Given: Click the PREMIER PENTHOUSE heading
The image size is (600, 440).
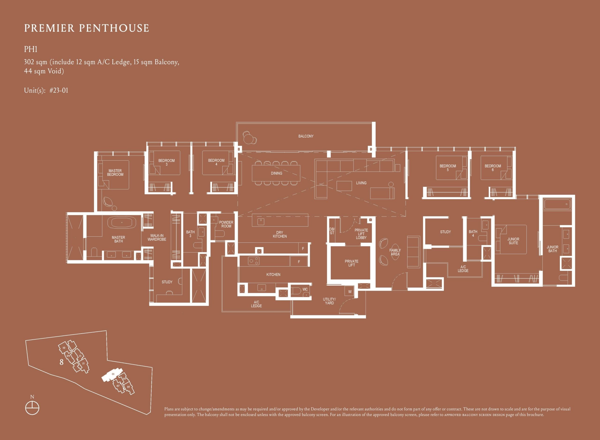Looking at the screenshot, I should click(x=86, y=28).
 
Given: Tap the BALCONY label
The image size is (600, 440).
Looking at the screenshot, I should click(x=306, y=136).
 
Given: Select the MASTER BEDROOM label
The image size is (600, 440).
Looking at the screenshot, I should click(x=115, y=173).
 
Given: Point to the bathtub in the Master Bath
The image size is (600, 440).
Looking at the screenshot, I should click(x=122, y=222).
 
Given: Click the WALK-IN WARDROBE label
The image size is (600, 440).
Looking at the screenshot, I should click(x=157, y=237).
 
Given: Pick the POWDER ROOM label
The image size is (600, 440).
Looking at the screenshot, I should click(x=226, y=224).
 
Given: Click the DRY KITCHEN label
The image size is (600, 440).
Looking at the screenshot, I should click(x=280, y=234).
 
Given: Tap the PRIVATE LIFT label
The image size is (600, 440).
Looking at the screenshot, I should click(x=351, y=263).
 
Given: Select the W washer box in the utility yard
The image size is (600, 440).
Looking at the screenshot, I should click(x=350, y=292).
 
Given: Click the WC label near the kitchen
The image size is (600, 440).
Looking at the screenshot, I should click(x=305, y=289).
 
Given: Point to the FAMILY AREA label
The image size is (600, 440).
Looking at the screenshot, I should click(x=395, y=252).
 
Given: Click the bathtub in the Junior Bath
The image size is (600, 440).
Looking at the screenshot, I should click(x=557, y=204).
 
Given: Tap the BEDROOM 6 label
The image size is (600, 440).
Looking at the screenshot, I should click(x=493, y=168).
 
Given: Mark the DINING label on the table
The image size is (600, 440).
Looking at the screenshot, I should click(x=276, y=173).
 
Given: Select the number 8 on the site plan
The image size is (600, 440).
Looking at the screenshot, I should click(x=61, y=362).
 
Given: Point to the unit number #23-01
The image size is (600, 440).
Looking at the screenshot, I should click(x=59, y=90).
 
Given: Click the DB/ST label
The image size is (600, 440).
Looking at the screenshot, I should click(x=332, y=231).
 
